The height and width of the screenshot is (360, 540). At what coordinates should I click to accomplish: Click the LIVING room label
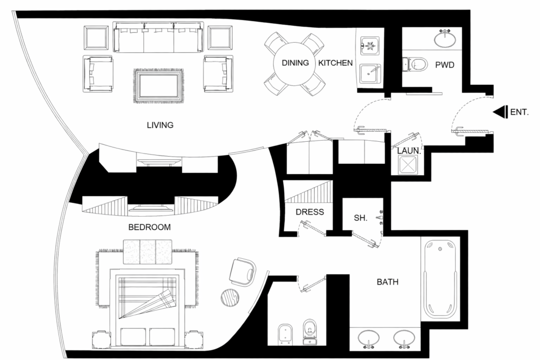click(160, 125)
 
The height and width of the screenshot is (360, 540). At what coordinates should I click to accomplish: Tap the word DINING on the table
click(295, 63)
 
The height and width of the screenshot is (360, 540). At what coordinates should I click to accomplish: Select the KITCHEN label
click(335, 63)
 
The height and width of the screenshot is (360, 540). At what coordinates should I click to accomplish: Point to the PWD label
click(445, 66)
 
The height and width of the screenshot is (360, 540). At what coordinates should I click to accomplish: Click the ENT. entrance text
click(519, 112)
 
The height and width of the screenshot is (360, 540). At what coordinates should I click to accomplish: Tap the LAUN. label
click(408, 151)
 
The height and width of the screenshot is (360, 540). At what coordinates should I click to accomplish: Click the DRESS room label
click(310, 212)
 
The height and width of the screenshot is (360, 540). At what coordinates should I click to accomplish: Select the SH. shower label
click(360, 217)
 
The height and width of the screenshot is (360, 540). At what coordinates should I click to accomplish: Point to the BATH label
click(387, 283)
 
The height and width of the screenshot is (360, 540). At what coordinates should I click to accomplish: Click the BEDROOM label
click(150, 228)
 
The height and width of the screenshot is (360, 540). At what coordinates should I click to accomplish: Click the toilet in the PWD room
click(416, 64)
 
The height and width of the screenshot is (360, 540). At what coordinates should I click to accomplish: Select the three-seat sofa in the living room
click(158, 38)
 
